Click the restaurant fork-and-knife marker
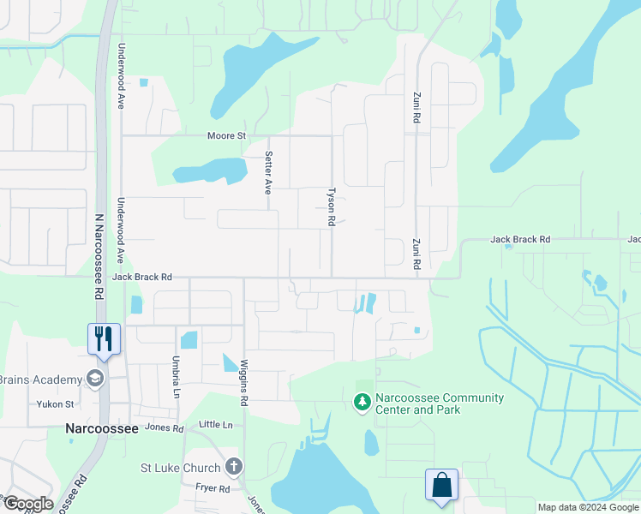click(104, 337)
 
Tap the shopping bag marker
click(441, 484)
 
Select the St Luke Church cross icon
click(233, 467)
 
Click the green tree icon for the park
click(362, 401)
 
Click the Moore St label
click(226, 135)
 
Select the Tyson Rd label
click(331, 207)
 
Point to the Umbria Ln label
click(176, 378)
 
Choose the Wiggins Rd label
click(244, 381)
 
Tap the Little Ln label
click(215, 425)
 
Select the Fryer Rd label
click(212, 488)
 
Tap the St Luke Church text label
click(181, 468)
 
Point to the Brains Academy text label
click(39, 380)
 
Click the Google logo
click(27, 503)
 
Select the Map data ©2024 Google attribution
click(588, 507)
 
